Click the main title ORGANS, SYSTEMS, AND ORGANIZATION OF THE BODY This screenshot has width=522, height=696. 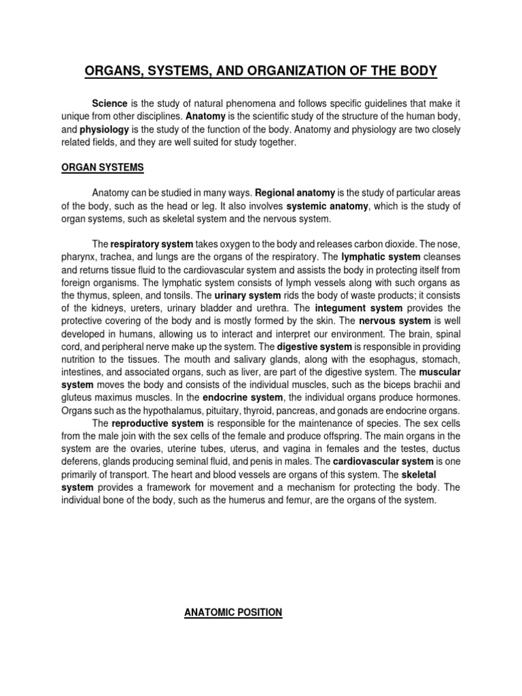[x=261, y=71]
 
